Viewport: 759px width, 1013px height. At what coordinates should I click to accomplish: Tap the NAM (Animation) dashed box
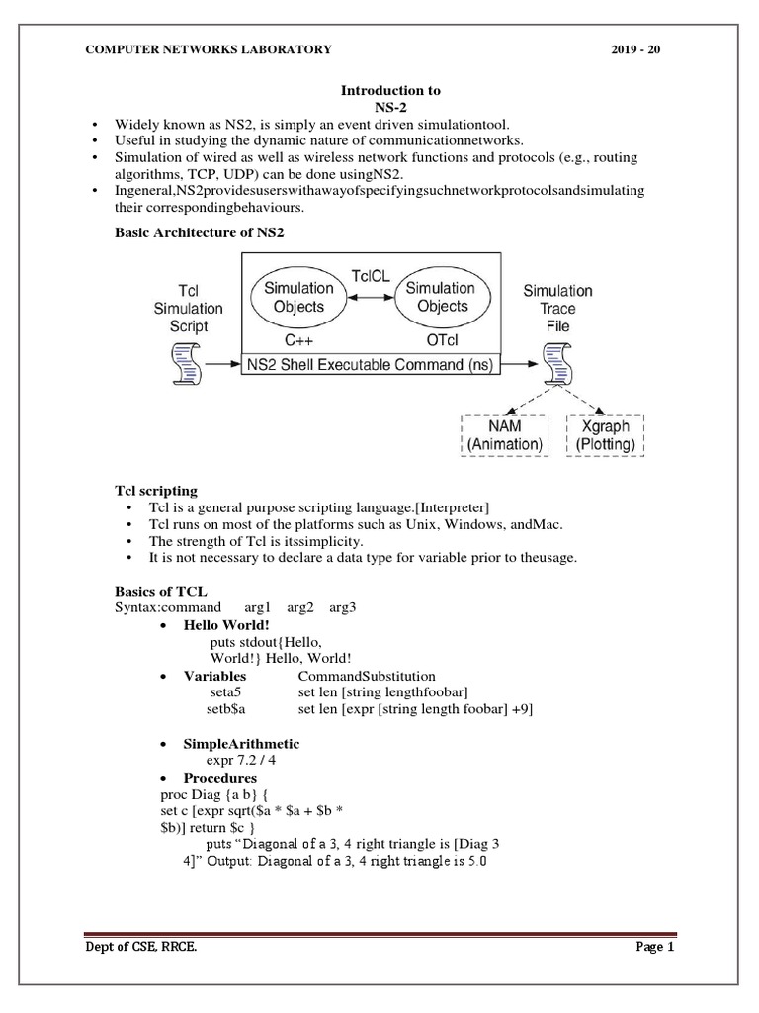(503, 435)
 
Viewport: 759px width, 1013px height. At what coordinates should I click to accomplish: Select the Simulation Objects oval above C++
(297, 297)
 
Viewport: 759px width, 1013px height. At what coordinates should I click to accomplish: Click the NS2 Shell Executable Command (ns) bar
(373, 363)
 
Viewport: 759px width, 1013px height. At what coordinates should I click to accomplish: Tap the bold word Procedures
(220, 778)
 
